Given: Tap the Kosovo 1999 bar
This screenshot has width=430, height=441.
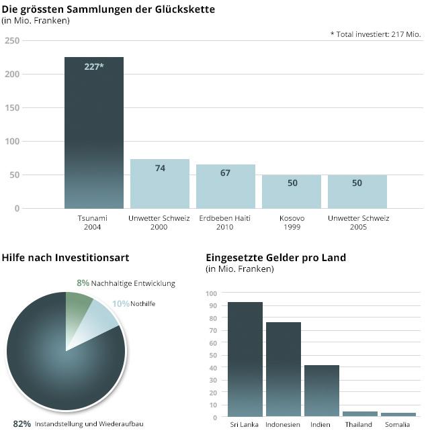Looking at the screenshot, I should [x=292, y=191].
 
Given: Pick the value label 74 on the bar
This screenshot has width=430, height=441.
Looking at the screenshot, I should [x=160, y=168].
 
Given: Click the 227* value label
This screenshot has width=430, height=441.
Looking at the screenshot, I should [x=94, y=66].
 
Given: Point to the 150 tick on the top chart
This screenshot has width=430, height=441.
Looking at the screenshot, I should [x=12, y=107].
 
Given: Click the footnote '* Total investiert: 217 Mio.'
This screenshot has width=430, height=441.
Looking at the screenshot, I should [x=376, y=34].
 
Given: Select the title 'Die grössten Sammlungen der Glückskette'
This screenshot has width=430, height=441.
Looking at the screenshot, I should [x=108, y=9].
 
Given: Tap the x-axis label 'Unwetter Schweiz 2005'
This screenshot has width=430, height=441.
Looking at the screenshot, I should [x=358, y=223].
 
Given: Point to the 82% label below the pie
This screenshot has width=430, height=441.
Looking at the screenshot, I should [x=22, y=424].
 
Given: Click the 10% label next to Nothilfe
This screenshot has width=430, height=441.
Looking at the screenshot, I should [x=120, y=303].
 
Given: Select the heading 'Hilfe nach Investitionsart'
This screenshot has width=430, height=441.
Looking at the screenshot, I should [x=65, y=257].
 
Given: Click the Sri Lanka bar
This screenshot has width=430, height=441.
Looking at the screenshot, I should [x=245, y=359].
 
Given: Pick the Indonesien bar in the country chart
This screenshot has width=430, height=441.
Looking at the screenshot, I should [x=284, y=369].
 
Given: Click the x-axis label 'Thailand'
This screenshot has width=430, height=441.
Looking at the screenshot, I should [x=359, y=425].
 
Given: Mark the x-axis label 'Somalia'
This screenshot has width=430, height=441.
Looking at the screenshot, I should [x=397, y=425].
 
